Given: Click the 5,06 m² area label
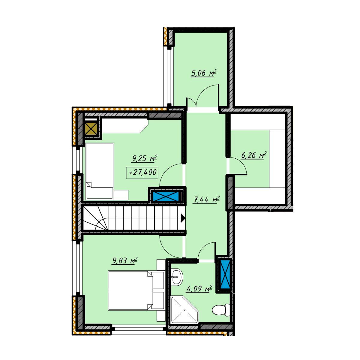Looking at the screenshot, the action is pos(204,73).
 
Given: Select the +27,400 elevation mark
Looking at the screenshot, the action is pos(142,172).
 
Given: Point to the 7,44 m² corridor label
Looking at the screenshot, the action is pos(207,200).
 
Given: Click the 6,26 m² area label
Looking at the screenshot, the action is pos(253,155).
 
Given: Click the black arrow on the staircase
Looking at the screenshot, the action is pos(183,218).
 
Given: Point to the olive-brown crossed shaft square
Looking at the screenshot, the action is pos(91,128).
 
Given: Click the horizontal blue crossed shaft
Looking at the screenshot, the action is pos(166,196).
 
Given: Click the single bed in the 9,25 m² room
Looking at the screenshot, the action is pos(100,172).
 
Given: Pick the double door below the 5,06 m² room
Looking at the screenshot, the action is pos(203,96).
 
